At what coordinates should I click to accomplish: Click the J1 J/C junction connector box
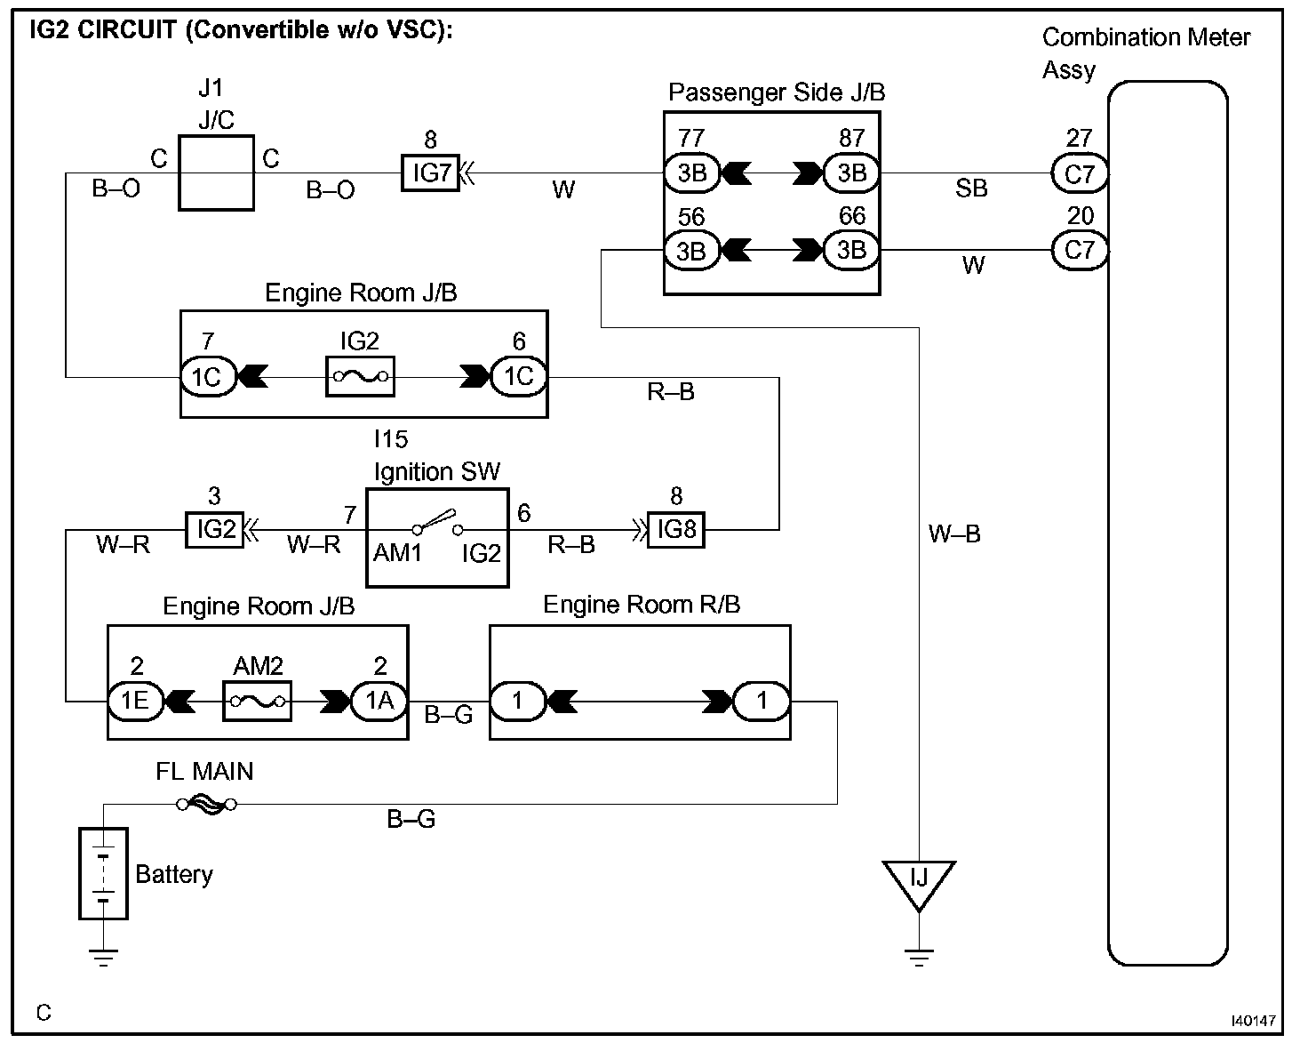(217, 173)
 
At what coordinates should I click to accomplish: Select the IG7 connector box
(430, 173)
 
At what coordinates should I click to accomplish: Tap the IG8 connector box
(676, 530)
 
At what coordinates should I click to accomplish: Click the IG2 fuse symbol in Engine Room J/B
(361, 377)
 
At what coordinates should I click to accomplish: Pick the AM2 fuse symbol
(257, 702)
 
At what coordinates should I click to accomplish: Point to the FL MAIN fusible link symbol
(206, 805)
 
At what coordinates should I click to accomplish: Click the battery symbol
(103, 874)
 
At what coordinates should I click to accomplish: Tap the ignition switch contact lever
(436, 520)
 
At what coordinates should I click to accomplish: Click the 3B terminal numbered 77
(691, 173)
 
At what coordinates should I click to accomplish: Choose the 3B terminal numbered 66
(851, 250)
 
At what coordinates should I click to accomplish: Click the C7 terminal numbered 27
(1080, 173)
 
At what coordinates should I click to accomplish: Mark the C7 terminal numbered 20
(1080, 250)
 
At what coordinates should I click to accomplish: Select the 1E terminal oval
(136, 702)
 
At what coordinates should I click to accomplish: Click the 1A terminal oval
(380, 702)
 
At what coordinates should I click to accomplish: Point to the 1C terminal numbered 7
(208, 377)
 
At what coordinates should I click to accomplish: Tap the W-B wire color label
(954, 534)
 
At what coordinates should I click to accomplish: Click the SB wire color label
(971, 189)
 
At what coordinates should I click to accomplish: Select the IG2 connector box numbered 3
(214, 530)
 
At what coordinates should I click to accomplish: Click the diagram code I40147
(1253, 1021)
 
